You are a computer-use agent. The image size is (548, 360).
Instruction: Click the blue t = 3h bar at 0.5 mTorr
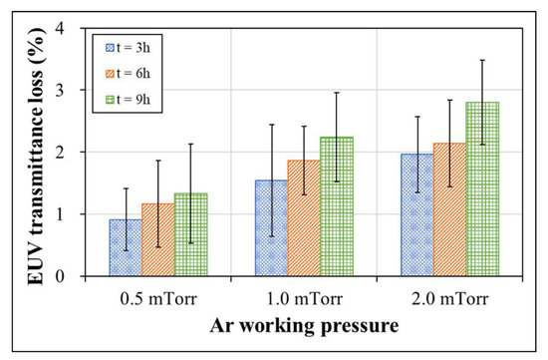pos(126,248)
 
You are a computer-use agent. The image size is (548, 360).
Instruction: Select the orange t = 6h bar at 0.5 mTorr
pos(157,240)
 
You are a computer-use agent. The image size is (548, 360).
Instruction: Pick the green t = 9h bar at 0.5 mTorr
pos(190,235)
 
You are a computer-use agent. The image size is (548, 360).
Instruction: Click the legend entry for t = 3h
pos(134,46)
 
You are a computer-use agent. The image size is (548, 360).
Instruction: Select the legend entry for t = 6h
pos(134,72)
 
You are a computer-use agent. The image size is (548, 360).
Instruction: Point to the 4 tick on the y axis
pos(72,28)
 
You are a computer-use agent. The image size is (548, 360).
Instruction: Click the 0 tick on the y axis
pos(72,276)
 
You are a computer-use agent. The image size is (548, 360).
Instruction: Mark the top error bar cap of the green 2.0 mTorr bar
pos(482,60)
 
